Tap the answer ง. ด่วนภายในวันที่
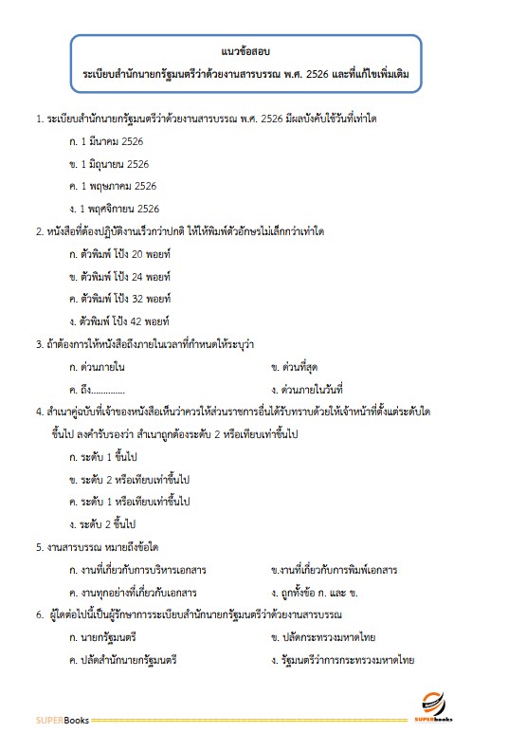(x=311, y=388)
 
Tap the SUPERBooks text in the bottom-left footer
(x=63, y=720)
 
